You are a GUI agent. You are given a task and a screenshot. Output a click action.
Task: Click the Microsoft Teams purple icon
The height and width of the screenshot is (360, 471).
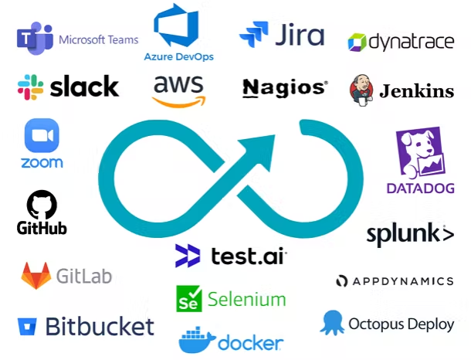[35, 39]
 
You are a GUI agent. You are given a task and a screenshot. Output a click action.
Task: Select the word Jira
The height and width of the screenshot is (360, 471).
[299, 36]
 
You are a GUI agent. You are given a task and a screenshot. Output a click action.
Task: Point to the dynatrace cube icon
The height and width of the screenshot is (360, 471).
[357, 42]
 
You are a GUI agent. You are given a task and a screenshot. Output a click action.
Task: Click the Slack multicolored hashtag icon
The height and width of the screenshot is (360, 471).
[30, 87]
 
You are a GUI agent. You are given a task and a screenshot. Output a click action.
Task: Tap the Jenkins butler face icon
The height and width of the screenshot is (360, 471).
[361, 89]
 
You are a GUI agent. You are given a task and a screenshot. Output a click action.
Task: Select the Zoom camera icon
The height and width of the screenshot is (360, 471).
[42, 136]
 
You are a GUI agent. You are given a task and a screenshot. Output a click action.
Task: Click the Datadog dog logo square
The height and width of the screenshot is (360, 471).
[420, 153]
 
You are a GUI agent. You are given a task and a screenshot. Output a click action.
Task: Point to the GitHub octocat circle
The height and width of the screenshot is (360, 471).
[42, 205]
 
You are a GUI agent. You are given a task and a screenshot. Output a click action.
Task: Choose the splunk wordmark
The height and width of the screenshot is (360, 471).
[409, 233]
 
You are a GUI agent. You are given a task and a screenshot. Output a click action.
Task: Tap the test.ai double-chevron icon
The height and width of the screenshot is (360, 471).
[188, 255]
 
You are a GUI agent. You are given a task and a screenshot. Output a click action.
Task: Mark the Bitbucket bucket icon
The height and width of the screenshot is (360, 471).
[27, 326]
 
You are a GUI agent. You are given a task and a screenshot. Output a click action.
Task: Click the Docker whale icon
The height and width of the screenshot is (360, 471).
[195, 341]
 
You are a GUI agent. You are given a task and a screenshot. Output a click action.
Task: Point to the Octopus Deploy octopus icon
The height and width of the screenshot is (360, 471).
[332, 322]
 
